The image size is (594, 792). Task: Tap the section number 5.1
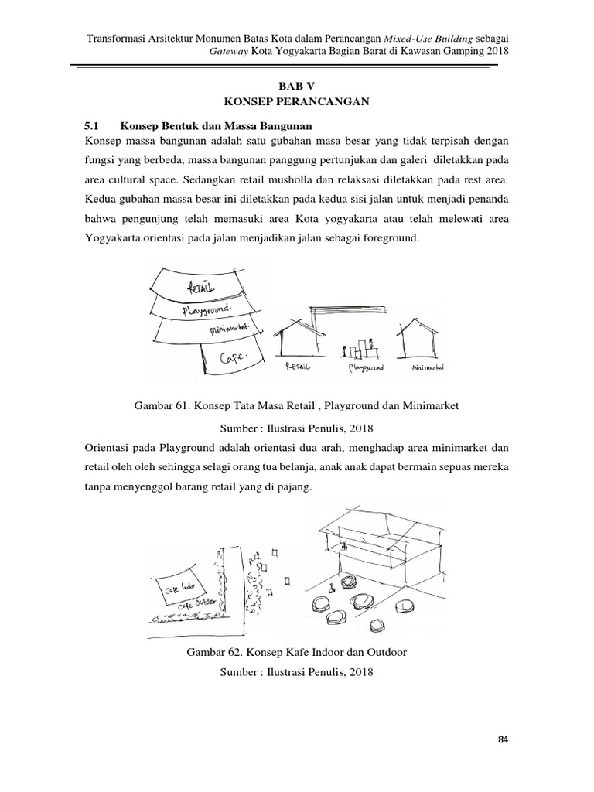coord(92,125)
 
